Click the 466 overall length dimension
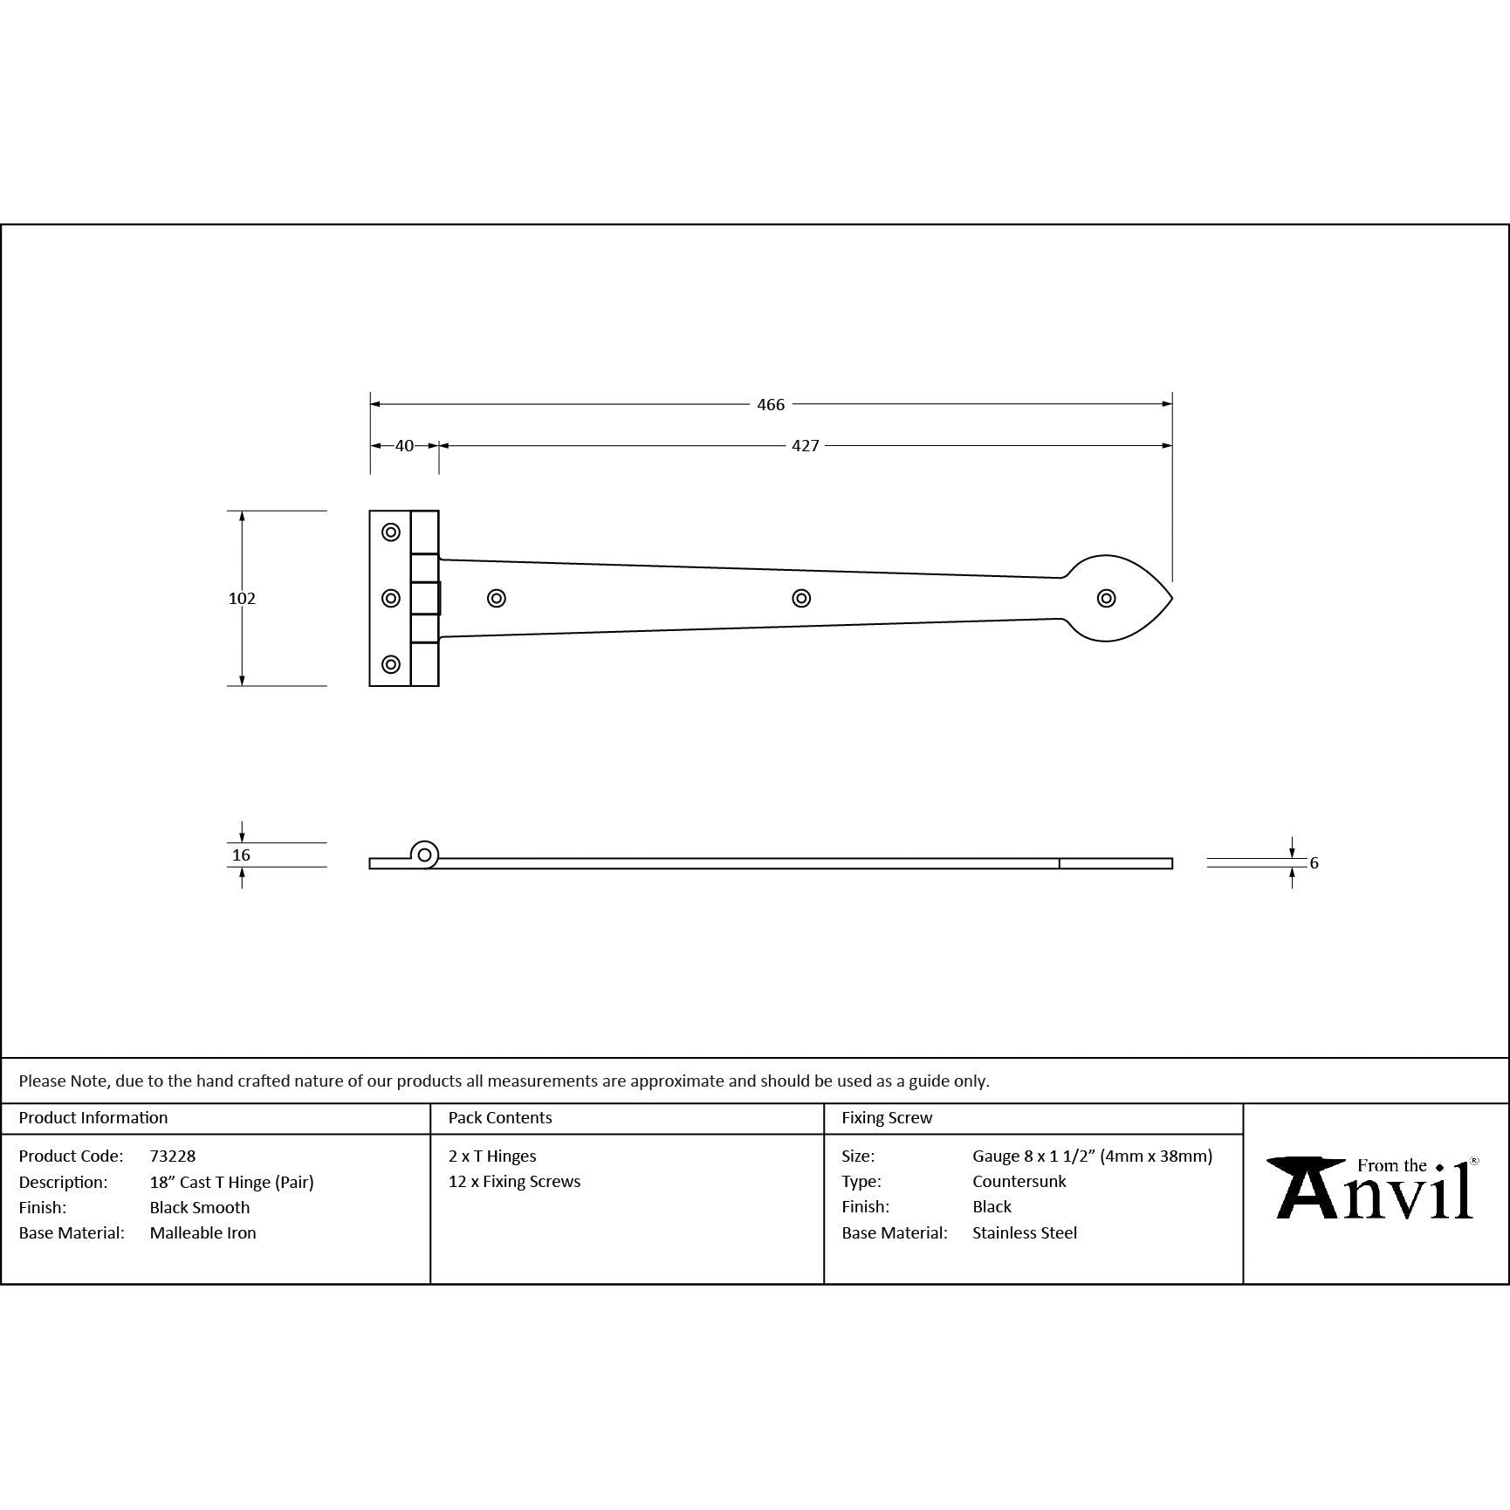[x=771, y=404]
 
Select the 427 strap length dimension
[x=805, y=445]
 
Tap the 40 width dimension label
[x=404, y=445]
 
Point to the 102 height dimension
[x=242, y=598]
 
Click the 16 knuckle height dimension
[x=241, y=855]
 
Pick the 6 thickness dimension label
[x=1314, y=862]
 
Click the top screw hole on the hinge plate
[x=391, y=532]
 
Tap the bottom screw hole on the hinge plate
[x=391, y=664]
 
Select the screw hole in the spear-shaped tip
[x=1106, y=598]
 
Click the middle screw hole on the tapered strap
[x=801, y=598]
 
